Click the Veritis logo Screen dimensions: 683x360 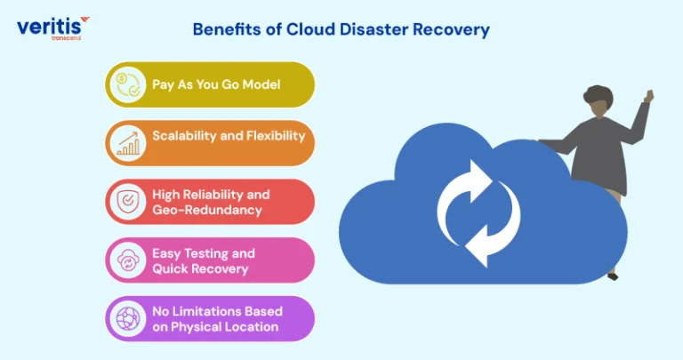coord(53,28)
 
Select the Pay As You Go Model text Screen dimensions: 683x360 coord(216,84)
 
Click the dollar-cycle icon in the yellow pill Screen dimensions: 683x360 coord(128,84)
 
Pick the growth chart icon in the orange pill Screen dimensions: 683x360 coord(128,143)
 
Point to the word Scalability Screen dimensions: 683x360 coord(184,136)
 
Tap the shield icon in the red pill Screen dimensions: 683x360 coord(128,201)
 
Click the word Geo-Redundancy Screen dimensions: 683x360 coord(207,210)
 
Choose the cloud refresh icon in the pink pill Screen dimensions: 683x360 coord(128,260)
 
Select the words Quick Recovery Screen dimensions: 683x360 coord(200,268)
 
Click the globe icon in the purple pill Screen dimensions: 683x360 coord(128,318)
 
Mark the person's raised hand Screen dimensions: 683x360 coord(649,96)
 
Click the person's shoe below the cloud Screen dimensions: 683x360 coord(613,276)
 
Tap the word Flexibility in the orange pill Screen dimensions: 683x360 coord(276,136)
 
